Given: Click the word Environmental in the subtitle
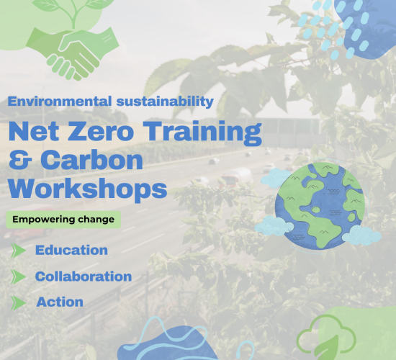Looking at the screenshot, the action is click(60, 102).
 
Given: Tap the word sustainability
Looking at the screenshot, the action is click(165, 102).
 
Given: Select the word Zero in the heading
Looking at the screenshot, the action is click(101, 131).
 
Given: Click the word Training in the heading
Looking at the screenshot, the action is click(204, 132).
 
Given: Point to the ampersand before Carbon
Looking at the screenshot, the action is click(20, 159).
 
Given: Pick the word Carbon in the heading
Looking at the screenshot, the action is click(91, 160).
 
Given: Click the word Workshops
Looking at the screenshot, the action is click(87, 189).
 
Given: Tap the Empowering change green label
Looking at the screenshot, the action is click(63, 220).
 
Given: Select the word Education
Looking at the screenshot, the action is click(71, 250).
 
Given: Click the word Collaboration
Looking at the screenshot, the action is click(84, 276).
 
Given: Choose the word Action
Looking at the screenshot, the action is click(60, 302).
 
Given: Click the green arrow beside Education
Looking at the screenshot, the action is click(18, 251).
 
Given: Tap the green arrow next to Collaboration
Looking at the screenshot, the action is click(18, 276).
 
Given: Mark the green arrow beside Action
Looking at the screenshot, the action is click(18, 302).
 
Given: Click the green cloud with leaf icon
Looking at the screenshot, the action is click(326, 337).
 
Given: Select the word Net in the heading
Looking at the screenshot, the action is click(34, 131).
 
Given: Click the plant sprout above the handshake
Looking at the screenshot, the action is click(73, 12).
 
